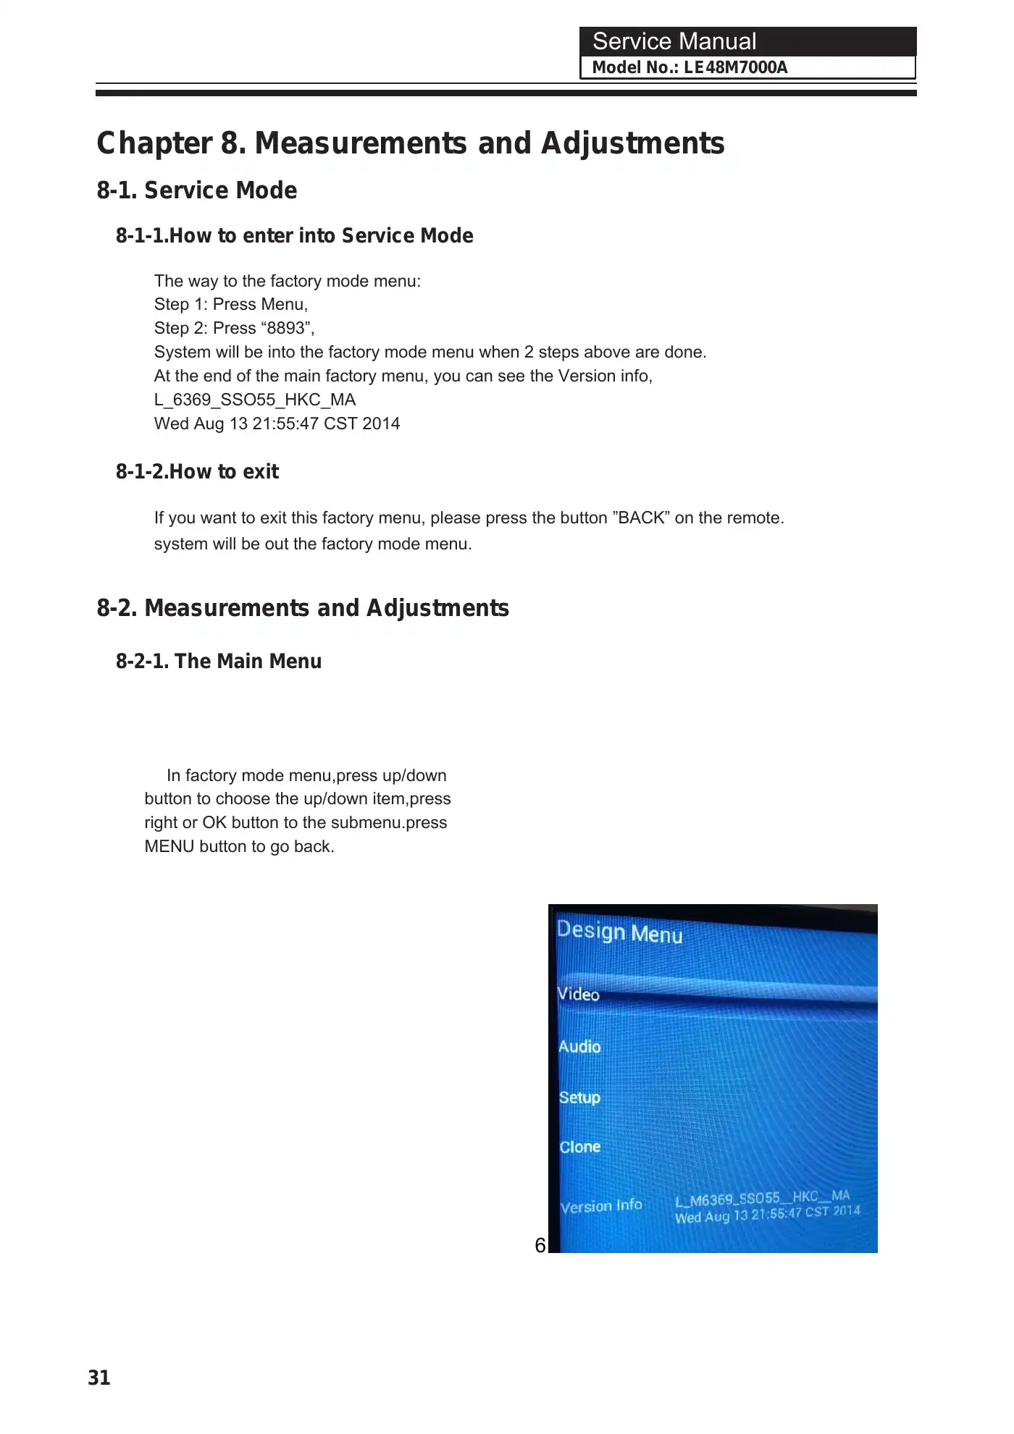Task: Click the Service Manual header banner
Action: (x=747, y=42)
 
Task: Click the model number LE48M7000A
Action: (x=735, y=68)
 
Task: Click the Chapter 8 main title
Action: (x=410, y=143)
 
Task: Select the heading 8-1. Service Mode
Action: (x=197, y=190)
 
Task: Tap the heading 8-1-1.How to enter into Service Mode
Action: (x=294, y=236)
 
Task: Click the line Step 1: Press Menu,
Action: (x=231, y=305)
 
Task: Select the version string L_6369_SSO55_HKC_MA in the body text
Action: (x=255, y=400)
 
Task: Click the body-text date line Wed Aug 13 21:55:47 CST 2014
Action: (x=277, y=424)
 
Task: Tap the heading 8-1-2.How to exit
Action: (x=197, y=472)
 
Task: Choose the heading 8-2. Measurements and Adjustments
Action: (x=303, y=608)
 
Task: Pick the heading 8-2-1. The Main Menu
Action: (x=219, y=662)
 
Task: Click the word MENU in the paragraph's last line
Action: (x=169, y=847)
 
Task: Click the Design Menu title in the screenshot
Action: (x=619, y=932)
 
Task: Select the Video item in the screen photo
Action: (x=579, y=995)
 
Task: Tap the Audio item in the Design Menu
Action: (x=579, y=1047)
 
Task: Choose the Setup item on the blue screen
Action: (x=579, y=1097)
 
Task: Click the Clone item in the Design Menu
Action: (x=579, y=1147)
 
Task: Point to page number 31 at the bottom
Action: (x=99, y=1378)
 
